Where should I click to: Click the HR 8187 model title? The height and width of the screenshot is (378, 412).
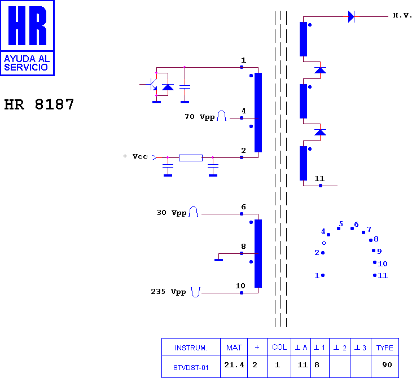pos(39,104)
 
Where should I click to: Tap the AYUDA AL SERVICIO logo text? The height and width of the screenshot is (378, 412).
pos(27,63)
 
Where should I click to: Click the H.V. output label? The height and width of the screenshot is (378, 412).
pos(402,15)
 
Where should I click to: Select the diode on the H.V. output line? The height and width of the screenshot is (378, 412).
pos(351,16)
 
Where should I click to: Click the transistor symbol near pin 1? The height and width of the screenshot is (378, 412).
pos(153,84)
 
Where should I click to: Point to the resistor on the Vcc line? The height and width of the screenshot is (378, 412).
pos(191,157)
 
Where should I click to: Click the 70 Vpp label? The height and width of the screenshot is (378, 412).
pos(200,117)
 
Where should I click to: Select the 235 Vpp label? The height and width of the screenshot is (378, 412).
pos(168,292)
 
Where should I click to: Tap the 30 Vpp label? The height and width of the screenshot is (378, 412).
pos(172,213)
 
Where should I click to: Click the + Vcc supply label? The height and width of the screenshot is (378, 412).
pos(135,156)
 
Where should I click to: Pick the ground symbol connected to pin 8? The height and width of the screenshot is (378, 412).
pos(218,260)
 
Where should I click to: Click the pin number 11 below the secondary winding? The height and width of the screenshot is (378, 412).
pos(319,179)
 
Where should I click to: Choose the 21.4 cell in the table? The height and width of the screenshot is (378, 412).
pos(234,365)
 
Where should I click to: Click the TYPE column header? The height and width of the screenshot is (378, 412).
pos(385,348)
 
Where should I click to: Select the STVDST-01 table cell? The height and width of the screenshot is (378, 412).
pos(191,367)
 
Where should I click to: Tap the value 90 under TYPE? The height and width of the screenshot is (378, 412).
pos(387,364)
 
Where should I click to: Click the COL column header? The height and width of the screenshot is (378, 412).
pos(279,348)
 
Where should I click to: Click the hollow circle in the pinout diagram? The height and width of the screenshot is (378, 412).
pos(324,243)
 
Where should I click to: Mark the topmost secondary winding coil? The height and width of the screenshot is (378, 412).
pos(303,39)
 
